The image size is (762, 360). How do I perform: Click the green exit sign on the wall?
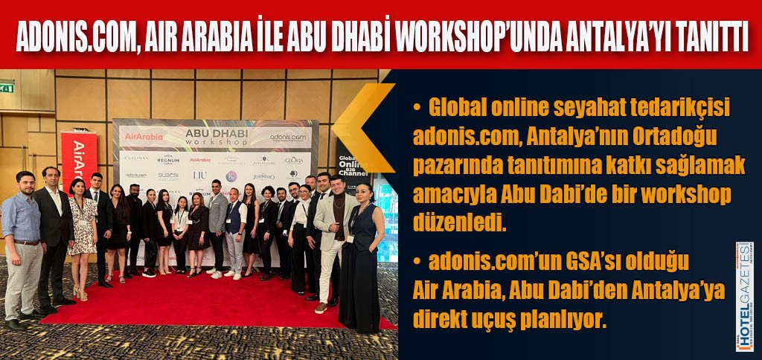coord(7,88)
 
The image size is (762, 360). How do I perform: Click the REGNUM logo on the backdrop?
coord(168,159)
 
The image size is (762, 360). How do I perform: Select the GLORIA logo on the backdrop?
coord(293,159)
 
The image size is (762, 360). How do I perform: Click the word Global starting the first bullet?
coord(461,109)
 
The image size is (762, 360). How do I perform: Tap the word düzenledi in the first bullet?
coord(459,222)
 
